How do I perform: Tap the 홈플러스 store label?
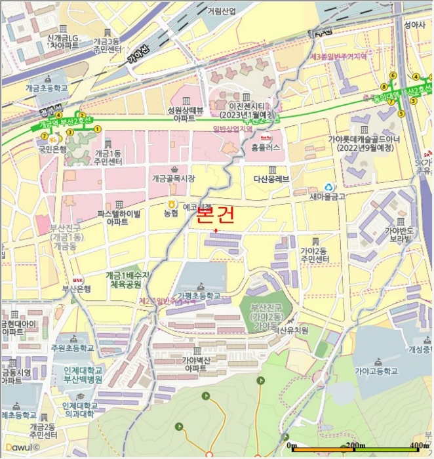point(266,148)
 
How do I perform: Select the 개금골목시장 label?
point(173,178)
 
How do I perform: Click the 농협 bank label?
point(170,213)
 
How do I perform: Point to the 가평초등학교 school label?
point(199,296)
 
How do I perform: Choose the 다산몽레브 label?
point(271,178)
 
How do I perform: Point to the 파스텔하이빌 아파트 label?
point(119,218)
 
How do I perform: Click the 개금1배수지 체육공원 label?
point(128,280)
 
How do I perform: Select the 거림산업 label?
point(222,11)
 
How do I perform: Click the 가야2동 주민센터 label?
point(314,255)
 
